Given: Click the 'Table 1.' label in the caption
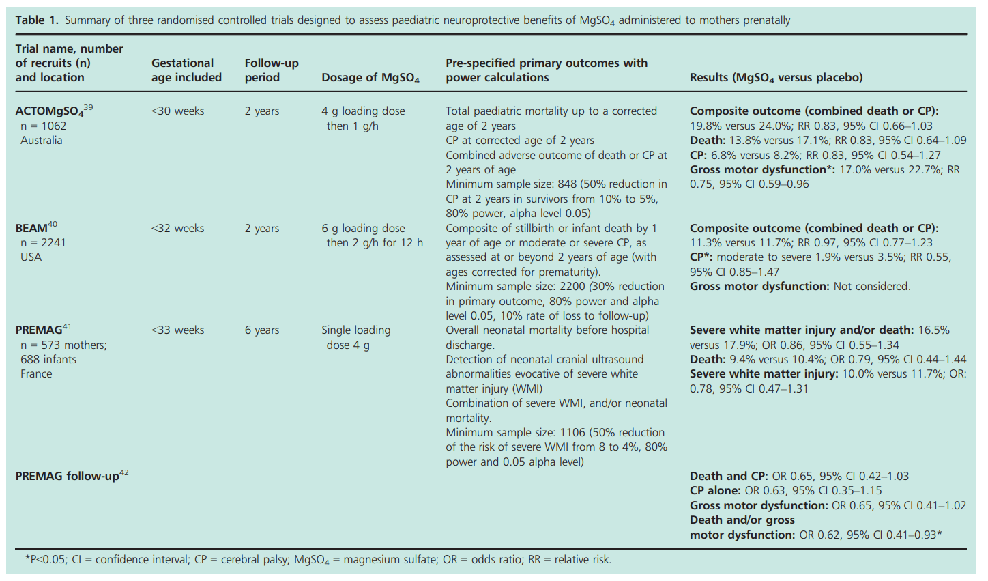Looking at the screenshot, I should (38, 20).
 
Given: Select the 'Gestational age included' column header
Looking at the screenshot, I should (186, 70).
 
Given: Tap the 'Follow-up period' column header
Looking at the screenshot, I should (272, 70).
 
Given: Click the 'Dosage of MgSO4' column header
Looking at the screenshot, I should (370, 78).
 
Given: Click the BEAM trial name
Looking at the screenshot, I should (31, 228).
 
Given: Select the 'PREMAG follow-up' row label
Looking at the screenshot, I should (67, 476).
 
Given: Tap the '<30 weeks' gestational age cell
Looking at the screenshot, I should (177, 111).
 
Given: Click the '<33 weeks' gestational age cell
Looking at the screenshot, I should (177, 330).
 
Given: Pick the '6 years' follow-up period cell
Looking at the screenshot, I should (262, 330).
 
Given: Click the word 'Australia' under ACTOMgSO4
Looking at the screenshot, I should (41, 140).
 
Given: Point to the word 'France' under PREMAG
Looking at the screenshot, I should (36, 373).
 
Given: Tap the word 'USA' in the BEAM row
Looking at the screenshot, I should (31, 257).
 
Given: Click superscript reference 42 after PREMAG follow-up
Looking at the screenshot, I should (123, 472).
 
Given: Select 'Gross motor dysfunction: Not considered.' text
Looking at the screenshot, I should (800, 286).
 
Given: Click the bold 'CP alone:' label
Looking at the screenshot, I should (715, 490).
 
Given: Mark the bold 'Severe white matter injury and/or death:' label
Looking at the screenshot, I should (801, 330).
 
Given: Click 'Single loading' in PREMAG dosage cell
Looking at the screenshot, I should (355, 330).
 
